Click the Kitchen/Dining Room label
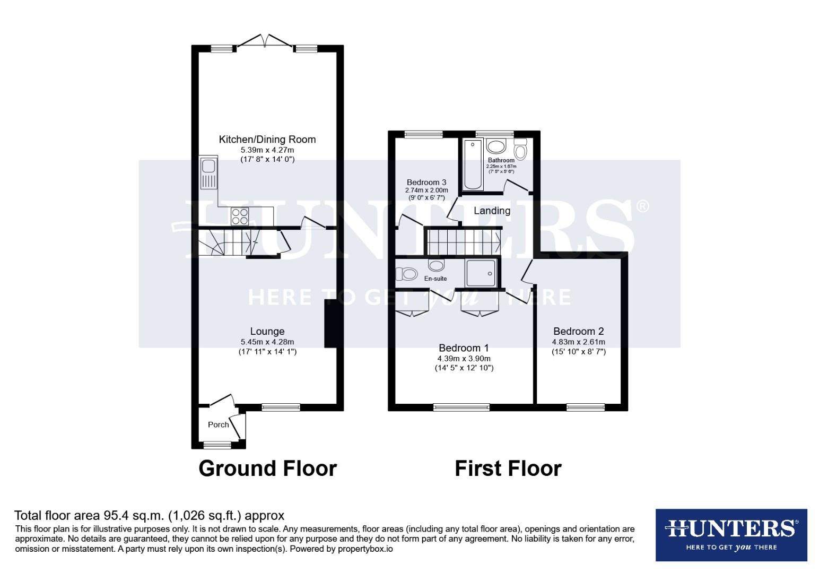tap(267, 140)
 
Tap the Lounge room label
tap(267, 332)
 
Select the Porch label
tap(218, 424)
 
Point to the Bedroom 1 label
tap(464, 348)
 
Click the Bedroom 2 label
tap(578, 332)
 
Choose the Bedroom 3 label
tap(426, 183)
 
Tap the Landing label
tap(492, 211)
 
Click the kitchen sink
tap(208, 173)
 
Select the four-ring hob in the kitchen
tap(240, 216)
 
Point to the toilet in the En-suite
tap(407, 274)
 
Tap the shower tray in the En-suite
tap(481, 273)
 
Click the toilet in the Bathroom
tap(520, 150)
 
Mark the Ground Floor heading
tap(267, 468)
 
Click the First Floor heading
tap(508, 468)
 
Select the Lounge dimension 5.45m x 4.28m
tap(267, 342)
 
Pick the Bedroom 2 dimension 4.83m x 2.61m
tap(578, 342)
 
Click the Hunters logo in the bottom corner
tap(731, 535)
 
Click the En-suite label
tap(435, 279)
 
